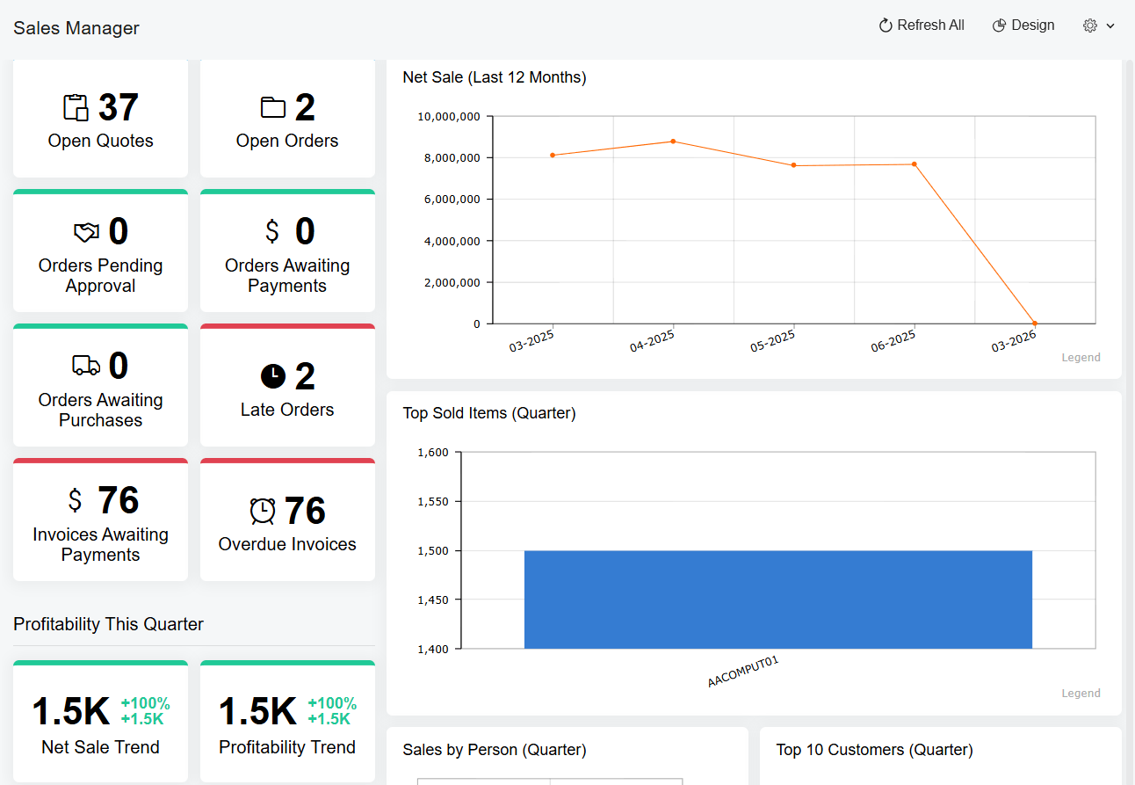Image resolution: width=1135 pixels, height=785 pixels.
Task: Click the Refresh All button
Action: pyautogui.click(x=922, y=25)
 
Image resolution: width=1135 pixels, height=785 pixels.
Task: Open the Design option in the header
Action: pyautogui.click(x=1023, y=25)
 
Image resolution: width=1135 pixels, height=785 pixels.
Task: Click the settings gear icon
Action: pyautogui.click(x=1090, y=25)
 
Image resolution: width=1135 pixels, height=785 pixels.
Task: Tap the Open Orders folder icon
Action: pyautogui.click(x=273, y=107)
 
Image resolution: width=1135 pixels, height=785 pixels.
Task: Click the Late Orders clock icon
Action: pyautogui.click(x=273, y=376)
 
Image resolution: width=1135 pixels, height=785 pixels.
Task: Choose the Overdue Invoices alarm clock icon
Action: pyautogui.click(x=263, y=511)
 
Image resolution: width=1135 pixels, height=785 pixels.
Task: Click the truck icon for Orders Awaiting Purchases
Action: pyautogui.click(x=86, y=366)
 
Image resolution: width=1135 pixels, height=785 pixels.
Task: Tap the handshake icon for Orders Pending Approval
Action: pyautogui.click(x=86, y=232)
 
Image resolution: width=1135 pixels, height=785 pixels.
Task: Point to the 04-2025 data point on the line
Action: pyautogui.click(x=673, y=142)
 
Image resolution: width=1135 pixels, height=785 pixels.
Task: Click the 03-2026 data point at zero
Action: pyautogui.click(x=1035, y=323)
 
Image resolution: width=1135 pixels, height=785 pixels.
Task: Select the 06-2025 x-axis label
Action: pyautogui.click(x=893, y=340)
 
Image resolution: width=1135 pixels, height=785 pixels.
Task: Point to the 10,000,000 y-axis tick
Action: pyautogui.click(x=448, y=116)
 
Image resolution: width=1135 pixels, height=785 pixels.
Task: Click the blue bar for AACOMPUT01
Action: pyautogui.click(x=777, y=600)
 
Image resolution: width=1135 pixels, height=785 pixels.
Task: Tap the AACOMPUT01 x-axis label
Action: pyautogui.click(x=743, y=672)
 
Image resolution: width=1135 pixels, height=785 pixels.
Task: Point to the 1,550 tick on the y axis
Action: pyautogui.click(x=432, y=502)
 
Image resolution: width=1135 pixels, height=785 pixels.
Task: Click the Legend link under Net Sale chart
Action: pyautogui.click(x=1081, y=358)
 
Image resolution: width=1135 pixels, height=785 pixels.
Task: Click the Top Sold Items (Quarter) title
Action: pyautogui.click(x=489, y=413)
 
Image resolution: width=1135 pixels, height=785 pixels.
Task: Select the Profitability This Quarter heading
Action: pyautogui.click(x=108, y=624)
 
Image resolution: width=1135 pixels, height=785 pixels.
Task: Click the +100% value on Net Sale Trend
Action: pyautogui.click(x=145, y=703)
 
